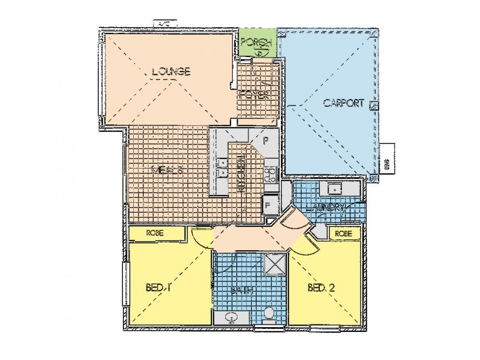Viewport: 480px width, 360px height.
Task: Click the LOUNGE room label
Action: click(x=171, y=73)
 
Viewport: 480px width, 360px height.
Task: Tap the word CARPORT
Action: click(x=343, y=103)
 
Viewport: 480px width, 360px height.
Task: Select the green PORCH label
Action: click(x=257, y=43)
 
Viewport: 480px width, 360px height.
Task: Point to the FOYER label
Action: click(x=252, y=95)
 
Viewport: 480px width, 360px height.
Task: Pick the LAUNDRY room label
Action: click(x=328, y=208)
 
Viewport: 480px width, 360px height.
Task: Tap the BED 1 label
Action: click(x=158, y=287)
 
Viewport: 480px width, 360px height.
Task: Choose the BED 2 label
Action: click(x=322, y=288)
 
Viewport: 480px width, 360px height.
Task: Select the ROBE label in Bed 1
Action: click(x=155, y=233)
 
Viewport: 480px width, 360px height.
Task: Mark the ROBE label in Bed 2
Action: click(x=343, y=233)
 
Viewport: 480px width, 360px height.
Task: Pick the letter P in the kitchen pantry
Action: click(x=266, y=143)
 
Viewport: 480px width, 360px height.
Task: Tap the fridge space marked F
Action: click(x=268, y=205)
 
